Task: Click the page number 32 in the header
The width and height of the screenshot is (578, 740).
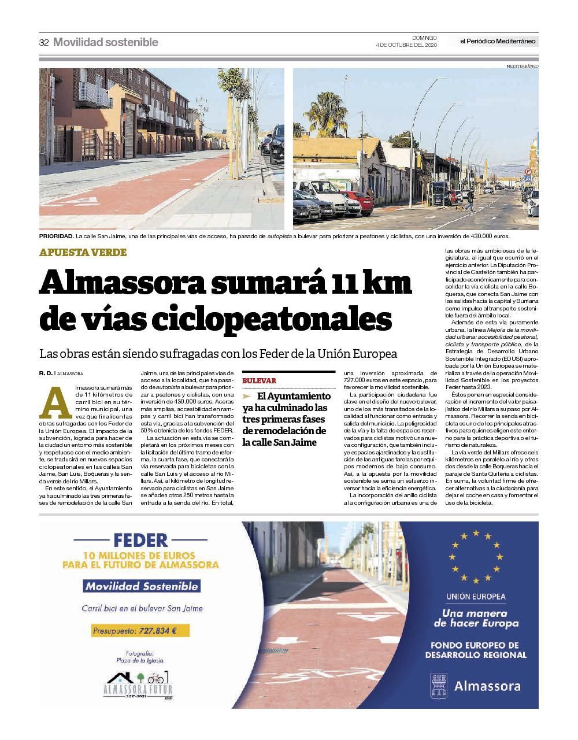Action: tap(44, 42)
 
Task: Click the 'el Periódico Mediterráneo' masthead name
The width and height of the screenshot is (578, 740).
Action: tap(498, 41)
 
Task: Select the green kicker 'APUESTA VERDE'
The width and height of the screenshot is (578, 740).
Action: tap(83, 252)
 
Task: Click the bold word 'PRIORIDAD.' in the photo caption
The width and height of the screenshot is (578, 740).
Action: tap(56, 236)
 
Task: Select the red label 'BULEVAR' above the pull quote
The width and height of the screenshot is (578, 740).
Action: tap(260, 381)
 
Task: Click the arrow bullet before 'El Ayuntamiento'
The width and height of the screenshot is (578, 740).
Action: tap(247, 397)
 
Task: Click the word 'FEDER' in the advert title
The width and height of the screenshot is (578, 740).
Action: tap(140, 540)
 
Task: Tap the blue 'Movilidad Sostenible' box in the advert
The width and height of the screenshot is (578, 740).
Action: tap(142, 586)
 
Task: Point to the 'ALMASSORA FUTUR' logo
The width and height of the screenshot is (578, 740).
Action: tap(138, 686)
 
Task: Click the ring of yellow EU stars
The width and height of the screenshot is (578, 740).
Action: tap(475, 556)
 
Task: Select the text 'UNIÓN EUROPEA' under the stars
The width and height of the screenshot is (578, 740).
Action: tap(476, 597)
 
